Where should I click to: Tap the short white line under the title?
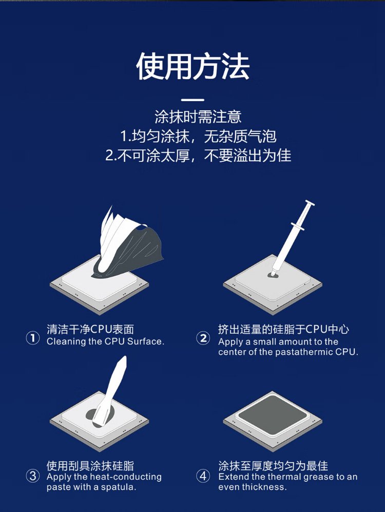(x=192, y=100)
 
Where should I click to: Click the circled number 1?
(x=33, y=338)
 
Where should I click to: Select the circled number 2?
(x=203, y=338)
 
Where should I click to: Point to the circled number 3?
(x=33, y=476)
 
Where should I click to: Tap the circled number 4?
(x=203, y=476)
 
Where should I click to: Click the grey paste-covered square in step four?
(x=273, y=415)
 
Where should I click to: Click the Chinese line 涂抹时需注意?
(x=198, y=117)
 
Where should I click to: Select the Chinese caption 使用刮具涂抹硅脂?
(x=90, y=465)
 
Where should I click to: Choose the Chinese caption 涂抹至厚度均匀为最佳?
(x=273, y=465)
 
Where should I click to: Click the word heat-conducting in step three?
(x=126, y=477)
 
